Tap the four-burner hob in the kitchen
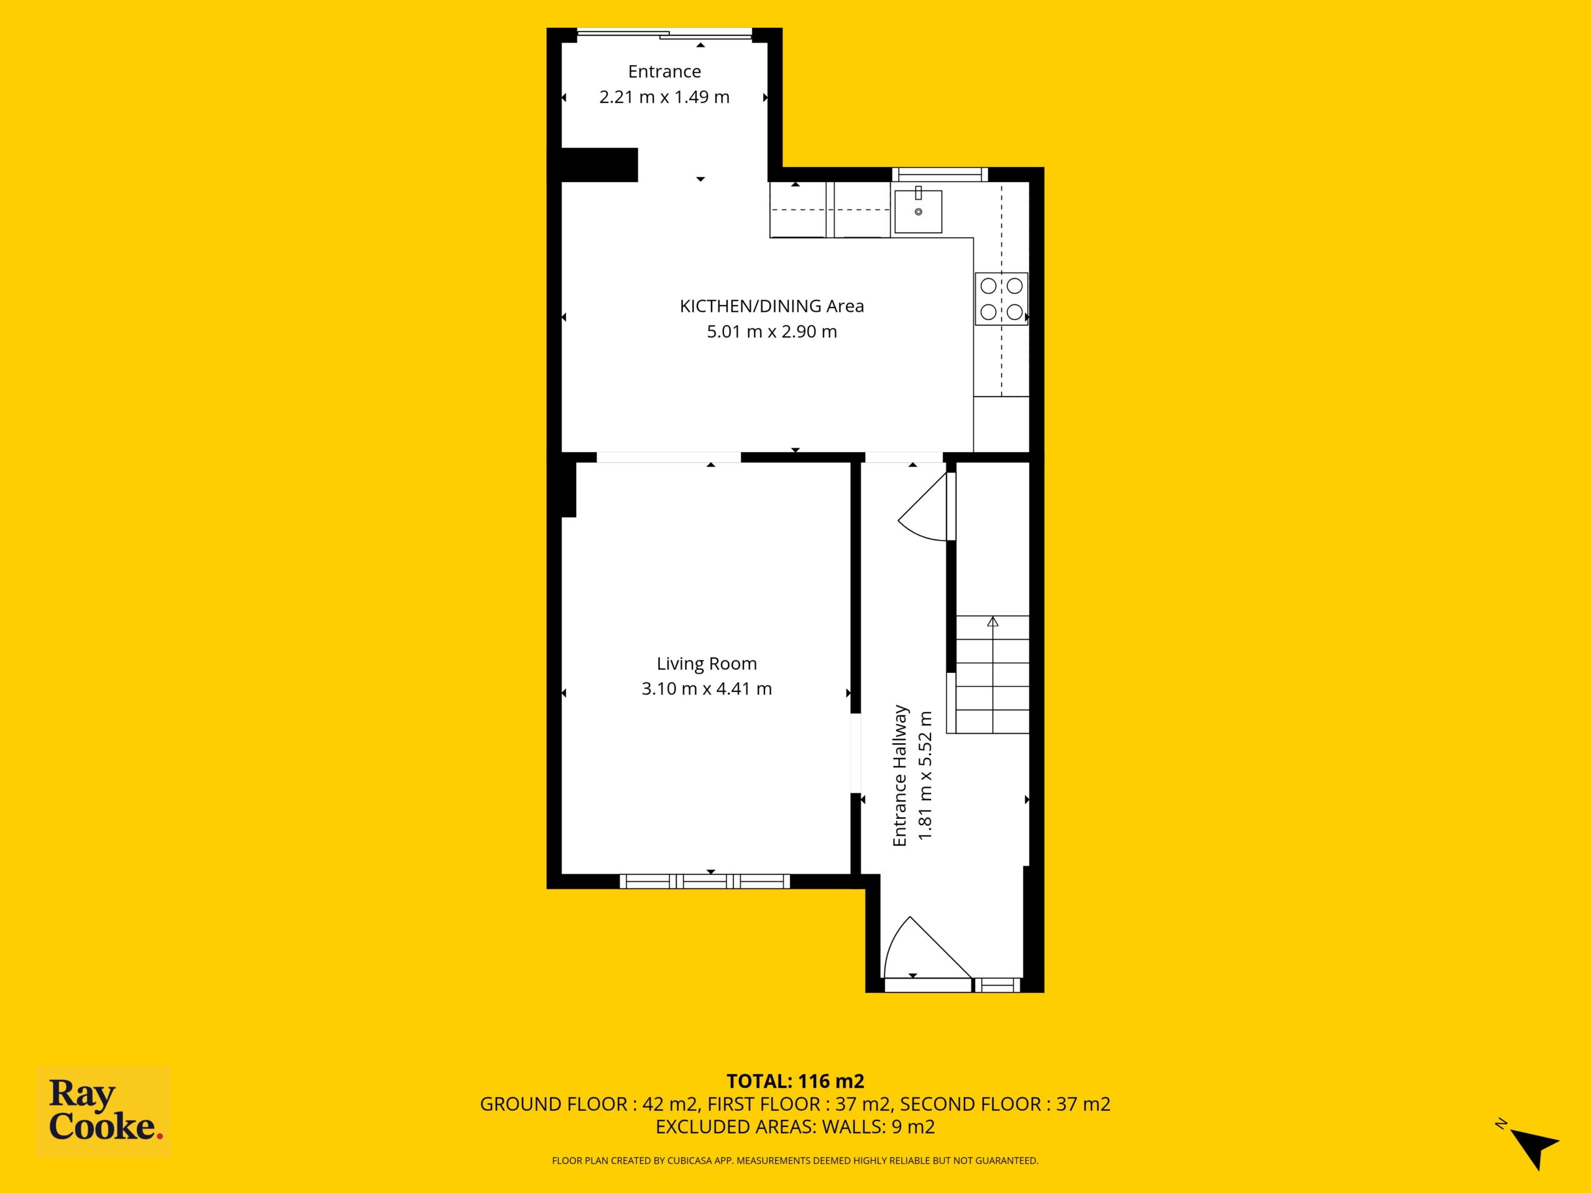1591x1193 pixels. [1001, 298]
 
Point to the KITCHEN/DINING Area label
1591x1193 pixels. [772, 306]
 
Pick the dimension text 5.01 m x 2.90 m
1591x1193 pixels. [772, 332]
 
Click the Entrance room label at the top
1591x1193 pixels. [664, 71]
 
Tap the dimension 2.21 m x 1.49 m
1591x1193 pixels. [664, 97]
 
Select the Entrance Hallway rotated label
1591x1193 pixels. [900, 775]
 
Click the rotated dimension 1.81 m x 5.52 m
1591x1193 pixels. [925, 775]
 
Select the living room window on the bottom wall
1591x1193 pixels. [705, 881]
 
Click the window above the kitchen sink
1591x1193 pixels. [940, 174]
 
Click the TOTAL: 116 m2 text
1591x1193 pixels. [795, 1081]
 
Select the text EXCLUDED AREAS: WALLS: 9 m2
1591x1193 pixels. [795, 1127]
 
